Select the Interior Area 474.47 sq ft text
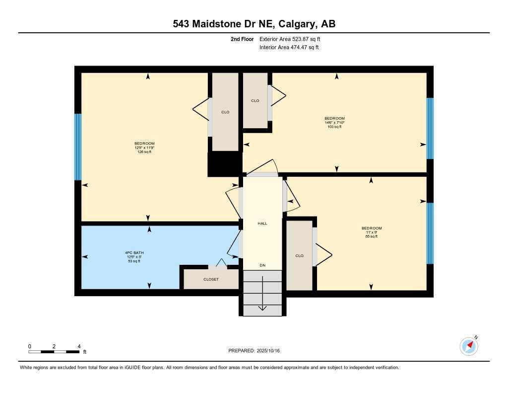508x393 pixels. pyautogui.click(x=289, y=48)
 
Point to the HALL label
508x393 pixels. pyautogui.click(x=262, y=224)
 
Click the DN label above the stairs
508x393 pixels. pyautogui.click(x=262, y=265)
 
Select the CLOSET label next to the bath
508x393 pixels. pyautogui.click(x=211, y=279)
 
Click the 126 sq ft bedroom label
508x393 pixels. pyautogui.click(x=144, y=148)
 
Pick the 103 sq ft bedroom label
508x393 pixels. pyautogui.click(x=334, y=122)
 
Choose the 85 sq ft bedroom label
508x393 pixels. pyautogui.click(x=372, y=232)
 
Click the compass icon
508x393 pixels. pyautogui.click(x=469, y=346)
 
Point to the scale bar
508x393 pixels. pyautogui.click(x=54, y=352)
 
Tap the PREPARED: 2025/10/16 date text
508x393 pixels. pyautogui.click(x=254, y=351)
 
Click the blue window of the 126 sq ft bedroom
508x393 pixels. pyautogui.click(x=78, y=147)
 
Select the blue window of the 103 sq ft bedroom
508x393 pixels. pyautogui.click(x=430, y=128)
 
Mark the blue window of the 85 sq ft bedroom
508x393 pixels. pyautogui.click(x=430, y=233)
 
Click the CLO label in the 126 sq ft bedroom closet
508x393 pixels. pyautogui.click(x=225, y=112)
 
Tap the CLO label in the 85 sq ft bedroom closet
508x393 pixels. pyautogui.click(x=299, y=256)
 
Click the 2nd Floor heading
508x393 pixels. pyautogui.click(x=242, y=39)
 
